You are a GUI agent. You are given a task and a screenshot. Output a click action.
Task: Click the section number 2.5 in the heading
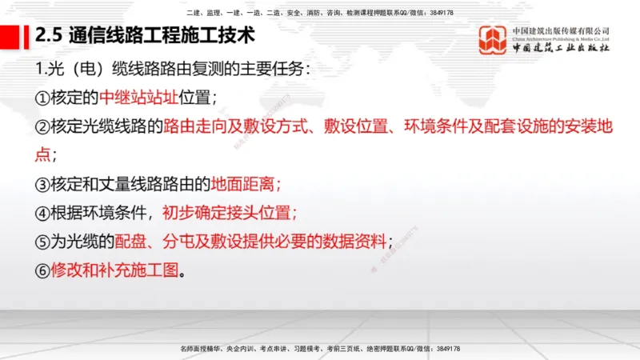pos(50,36)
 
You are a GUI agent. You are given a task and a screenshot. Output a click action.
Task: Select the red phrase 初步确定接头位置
pos(230,213)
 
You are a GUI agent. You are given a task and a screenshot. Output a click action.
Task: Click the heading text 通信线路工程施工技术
pos(162,36)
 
